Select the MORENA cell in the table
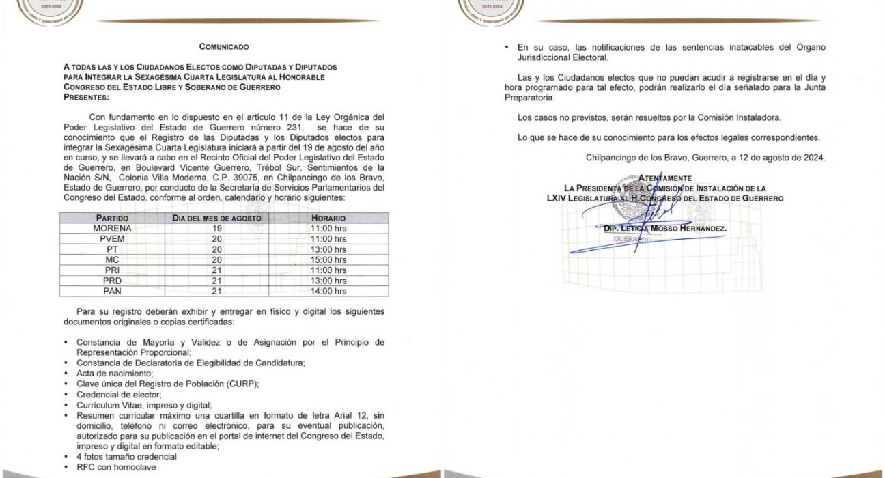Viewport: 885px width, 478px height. coord(113,228)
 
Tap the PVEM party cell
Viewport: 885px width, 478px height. coord(113,239)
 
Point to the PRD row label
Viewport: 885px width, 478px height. coord(113,281)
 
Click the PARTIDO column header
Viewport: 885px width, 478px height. coord(113,217)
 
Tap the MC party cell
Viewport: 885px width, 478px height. coord(113,260)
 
